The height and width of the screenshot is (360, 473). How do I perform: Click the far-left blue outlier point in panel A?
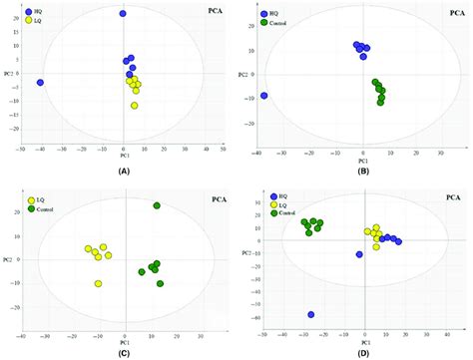coord(40,83)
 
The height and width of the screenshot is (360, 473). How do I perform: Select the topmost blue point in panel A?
coord(123,14)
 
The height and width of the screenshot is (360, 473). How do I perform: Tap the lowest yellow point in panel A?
coord(134,105)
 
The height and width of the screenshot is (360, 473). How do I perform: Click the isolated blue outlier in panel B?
coord(263,96)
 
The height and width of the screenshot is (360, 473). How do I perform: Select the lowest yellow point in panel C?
coord(98,283)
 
